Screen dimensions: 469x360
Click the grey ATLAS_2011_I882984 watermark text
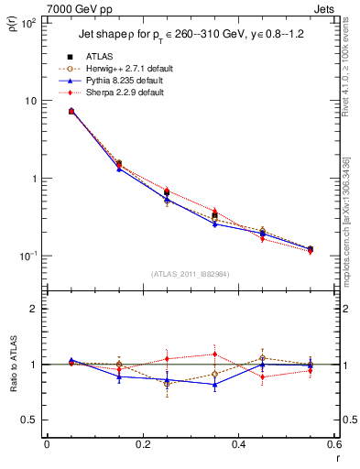[189, 274]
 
